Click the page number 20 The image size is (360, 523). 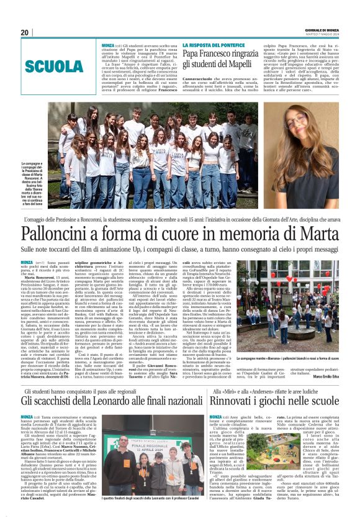[x=25, y=32]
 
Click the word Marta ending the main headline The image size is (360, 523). [x=320, y=234]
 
